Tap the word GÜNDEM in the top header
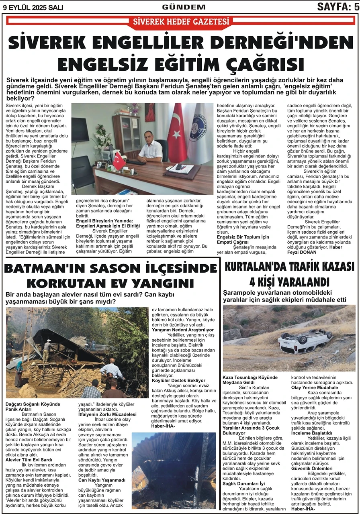184,7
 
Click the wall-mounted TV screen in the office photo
80,129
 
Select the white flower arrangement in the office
102,136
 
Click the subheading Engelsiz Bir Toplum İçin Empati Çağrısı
243,240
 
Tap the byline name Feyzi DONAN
305,252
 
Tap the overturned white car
305,341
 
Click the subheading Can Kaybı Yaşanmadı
102,479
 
